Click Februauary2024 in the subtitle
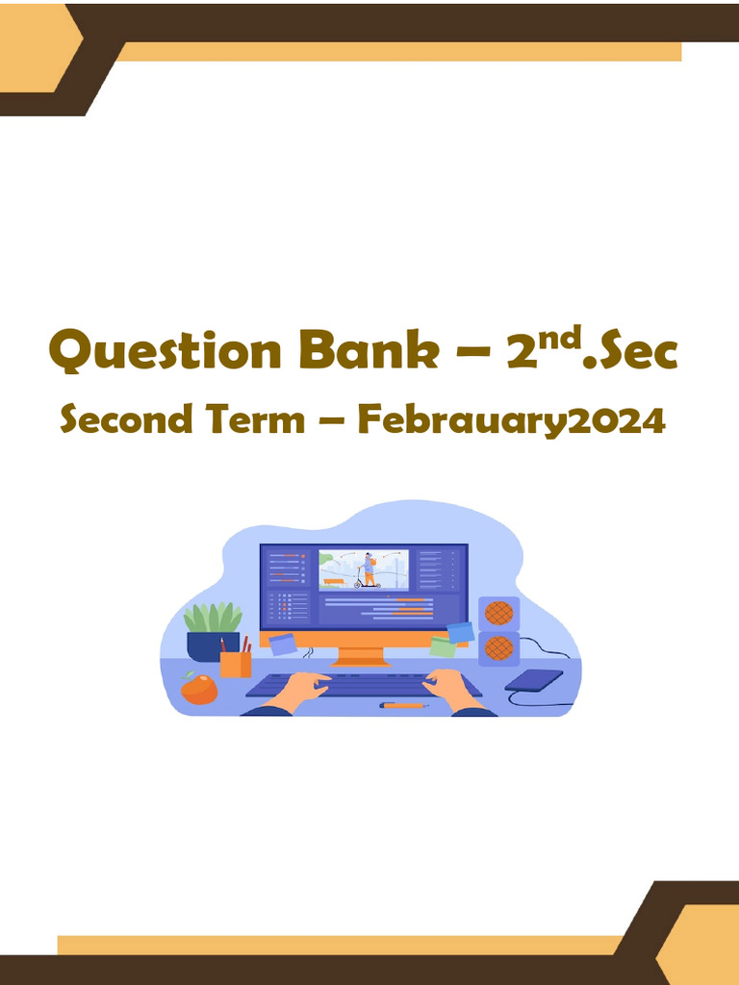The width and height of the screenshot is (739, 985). (x=511, y=422)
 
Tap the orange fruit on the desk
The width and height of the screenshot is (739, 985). (x=198, y=688)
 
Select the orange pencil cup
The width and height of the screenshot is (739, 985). (x=235, y=664)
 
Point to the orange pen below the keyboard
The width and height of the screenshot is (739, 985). (x=403, y=706)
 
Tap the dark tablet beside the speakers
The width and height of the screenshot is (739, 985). (x=534, y=680)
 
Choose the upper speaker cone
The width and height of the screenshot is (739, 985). (x=498, y=614)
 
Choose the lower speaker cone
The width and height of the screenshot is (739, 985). (x=498, y=647)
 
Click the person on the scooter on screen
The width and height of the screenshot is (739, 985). (x=368, y=570)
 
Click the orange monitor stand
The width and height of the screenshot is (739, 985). (x=360, y=656)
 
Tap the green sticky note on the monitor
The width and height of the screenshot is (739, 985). (x=444, y=645)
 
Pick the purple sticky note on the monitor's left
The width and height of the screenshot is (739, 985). (x=282, y=644)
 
